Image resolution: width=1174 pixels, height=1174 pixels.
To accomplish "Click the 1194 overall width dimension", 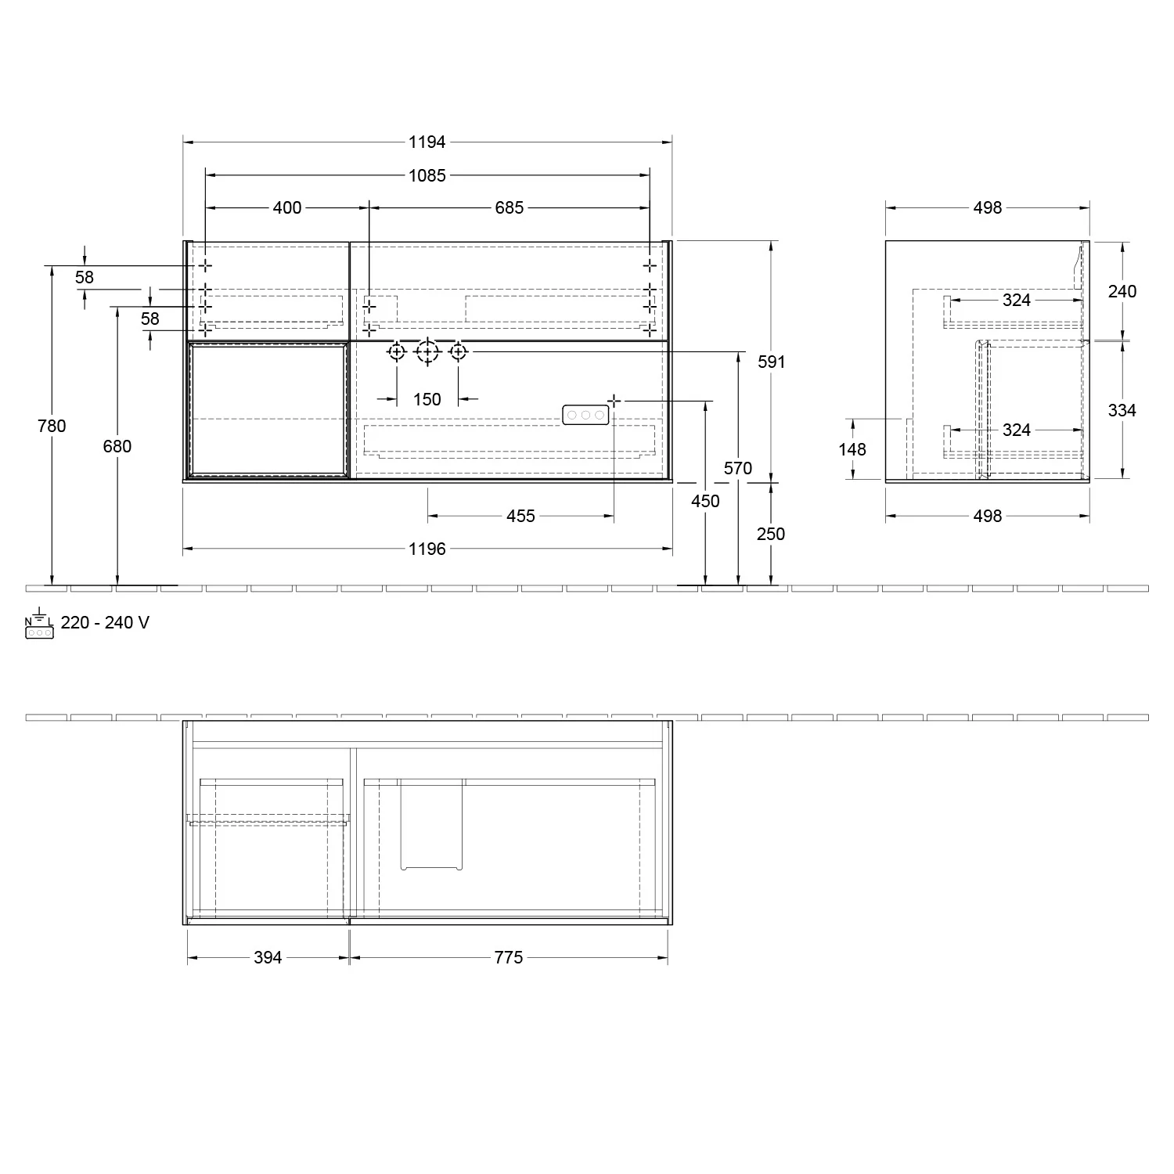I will (427, 142).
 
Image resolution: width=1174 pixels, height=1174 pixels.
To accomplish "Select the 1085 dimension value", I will (427, 175).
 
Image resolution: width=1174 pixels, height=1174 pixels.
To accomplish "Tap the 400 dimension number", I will (287, 207).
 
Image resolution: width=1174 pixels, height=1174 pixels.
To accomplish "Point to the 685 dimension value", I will (509, 207).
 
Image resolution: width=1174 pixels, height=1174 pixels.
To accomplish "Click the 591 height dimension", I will (771, 362).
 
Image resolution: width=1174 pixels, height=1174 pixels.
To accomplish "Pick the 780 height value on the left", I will (52, 426).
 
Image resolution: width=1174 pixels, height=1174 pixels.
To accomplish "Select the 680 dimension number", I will (117, 446).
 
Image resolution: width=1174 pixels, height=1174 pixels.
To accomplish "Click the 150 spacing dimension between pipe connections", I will (427, 399).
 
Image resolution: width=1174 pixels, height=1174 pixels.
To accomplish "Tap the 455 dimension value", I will (520, 516).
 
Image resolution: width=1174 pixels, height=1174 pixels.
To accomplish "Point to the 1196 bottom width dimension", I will (427, 549).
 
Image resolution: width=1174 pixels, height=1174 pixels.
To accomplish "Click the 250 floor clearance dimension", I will (771, 534).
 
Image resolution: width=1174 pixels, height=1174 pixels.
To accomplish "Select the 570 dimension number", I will (737, 468).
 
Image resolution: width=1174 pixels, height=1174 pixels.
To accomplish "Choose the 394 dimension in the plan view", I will (268, 957).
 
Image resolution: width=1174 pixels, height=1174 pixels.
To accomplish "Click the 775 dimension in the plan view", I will (508, 957).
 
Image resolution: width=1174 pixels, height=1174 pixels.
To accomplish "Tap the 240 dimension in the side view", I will (1122, 291).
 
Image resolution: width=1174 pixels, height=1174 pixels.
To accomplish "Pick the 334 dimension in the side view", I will (1122, 410).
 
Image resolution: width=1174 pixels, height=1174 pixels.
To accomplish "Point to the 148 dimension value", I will (852, 449).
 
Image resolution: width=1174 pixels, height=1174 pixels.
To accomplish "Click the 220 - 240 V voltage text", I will (105, 623).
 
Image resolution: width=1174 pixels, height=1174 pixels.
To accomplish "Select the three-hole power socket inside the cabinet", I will (585, 415).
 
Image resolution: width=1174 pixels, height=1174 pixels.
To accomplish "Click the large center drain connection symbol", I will (427, 352).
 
